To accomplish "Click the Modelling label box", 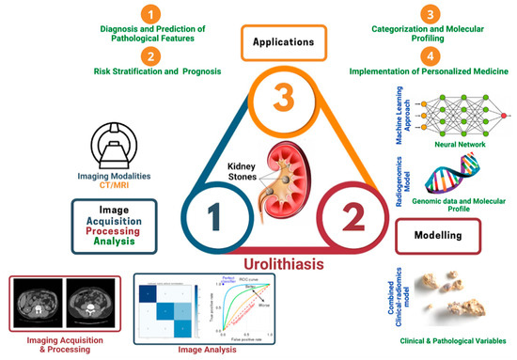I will tap(439, 231).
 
